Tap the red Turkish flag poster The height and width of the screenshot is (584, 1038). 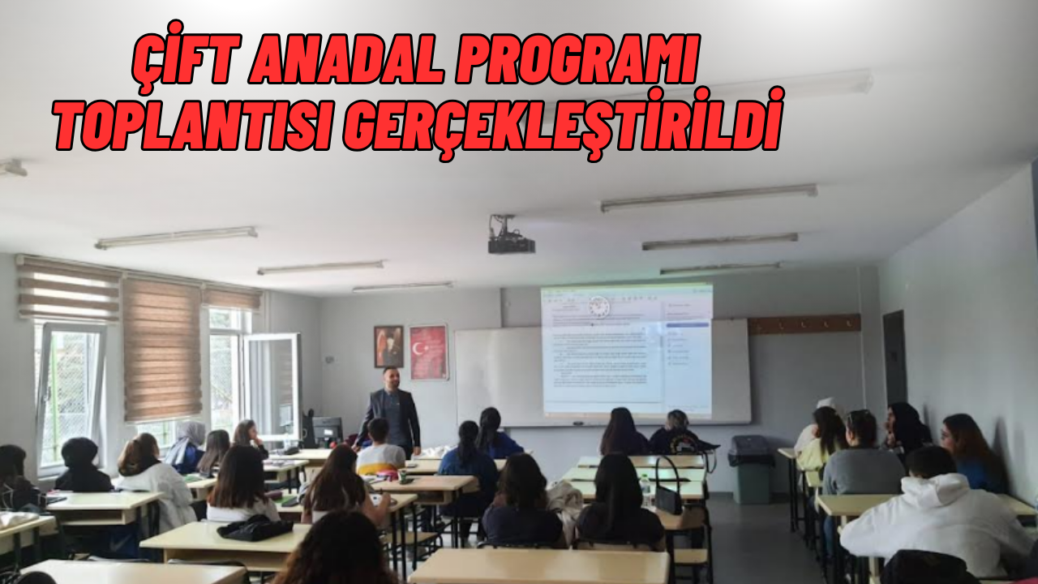click(428, 352)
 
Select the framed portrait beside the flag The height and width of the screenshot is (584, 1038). click(388, 346)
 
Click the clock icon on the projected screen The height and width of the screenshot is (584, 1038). click(598, 307)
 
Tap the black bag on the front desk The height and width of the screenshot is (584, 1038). click(255, 528)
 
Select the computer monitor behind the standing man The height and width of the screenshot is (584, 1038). click(328, 431)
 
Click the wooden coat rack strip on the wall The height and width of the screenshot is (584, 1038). click(804, 324)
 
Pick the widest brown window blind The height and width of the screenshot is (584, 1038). click(162, 350)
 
